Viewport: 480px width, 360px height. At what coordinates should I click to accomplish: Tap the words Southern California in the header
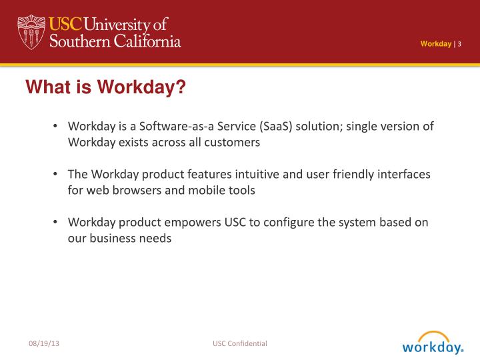pyautogui.click(x=115, y=41)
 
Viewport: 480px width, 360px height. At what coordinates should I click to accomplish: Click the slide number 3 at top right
pyautogui.click(x=459, y=44)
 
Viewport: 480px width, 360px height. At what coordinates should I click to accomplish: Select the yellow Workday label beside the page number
pyautogui.click(x=435, y=44)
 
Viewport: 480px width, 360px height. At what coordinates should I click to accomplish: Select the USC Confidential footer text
pyautogui.click(x=240, y=343)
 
